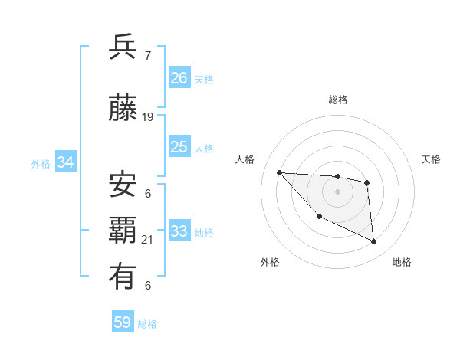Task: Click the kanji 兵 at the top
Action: coord(123,47)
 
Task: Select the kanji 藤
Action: coord(123,108)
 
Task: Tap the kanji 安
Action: coord(123,184)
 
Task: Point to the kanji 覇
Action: coord(123,231)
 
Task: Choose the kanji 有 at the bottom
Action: coord(123,277)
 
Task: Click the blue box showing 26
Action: coord(179,78)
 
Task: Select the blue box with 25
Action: coord(179,147)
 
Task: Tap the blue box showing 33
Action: coord(179,231)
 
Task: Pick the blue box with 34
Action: coord(65,162)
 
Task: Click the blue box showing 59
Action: coord(123,322)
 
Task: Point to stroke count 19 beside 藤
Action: coord(148,117)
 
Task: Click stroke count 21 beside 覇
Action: coord(148,240)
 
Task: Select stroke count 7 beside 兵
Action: coord(147,56)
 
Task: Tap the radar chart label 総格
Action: coord(337,100)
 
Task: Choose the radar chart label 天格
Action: coord(432,159)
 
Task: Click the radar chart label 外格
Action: coord(270,262)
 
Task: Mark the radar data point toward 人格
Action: coord(279,172)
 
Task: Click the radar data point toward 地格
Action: coord(374,242)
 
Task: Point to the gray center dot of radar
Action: coord(337,191)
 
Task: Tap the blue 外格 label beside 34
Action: coord(40,163)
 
